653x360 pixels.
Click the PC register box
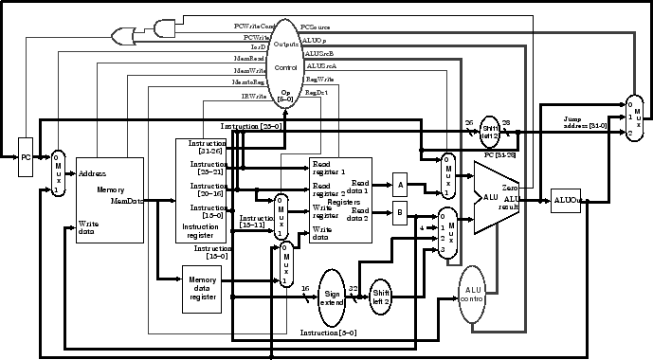coord(27,157)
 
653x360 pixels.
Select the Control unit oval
coord(285,68)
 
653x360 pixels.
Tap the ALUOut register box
coord(565,200)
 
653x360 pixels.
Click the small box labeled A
coord(400,186)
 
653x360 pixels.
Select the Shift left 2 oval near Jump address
coord(490,131)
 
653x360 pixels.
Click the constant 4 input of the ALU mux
coord(421,226)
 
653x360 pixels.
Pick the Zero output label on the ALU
coord(509,189)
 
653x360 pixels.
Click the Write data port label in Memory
coord(88,228)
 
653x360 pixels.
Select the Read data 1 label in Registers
coord(360,185)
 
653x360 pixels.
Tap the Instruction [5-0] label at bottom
coord(328,333)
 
